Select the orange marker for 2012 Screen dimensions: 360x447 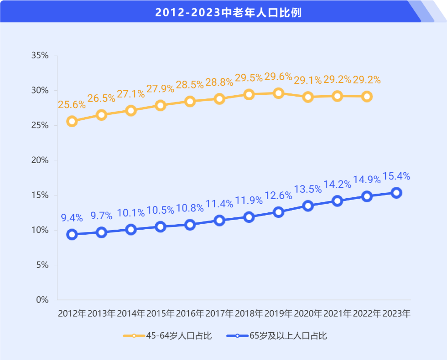click(x=72, y=121)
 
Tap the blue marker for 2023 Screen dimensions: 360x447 click(x=396, y=193)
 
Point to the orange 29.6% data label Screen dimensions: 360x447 click(x=278, y=77)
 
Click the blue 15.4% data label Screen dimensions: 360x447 click(x=396, y=176)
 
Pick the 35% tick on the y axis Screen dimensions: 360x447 click(x=40, y=56)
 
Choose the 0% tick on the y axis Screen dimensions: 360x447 click(x=42, y=300)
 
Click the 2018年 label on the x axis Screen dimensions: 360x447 click(x=249, y=314)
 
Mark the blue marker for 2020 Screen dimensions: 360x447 click(x=308, y=206)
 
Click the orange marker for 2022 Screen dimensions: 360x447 click(x=367, y=97)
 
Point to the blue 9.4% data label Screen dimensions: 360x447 click(x=72, y=218)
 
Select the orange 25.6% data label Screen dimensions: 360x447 click(x=72, y=104)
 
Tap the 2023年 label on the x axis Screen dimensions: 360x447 click(x=396, y=314)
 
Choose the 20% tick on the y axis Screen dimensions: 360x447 click(x=40, y=160)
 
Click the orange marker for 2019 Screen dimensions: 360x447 click(x=278, y=93)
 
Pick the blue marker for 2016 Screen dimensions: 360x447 click(x=190, y=225)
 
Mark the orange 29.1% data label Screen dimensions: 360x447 click(x=308, y=80)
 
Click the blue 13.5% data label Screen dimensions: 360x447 click(x=308, y=189)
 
